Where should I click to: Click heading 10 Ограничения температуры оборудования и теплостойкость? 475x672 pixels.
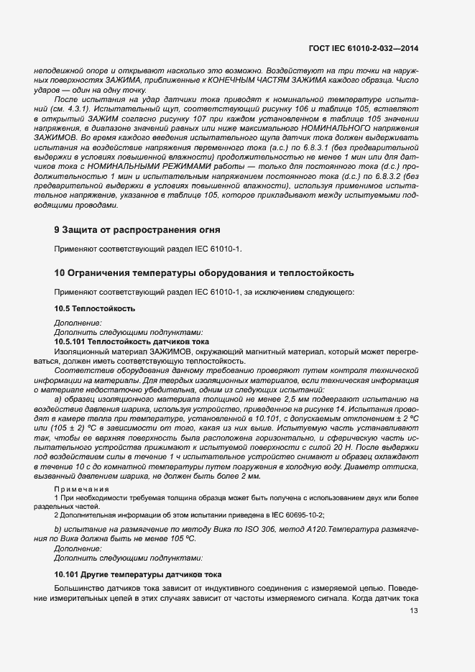point(203,273)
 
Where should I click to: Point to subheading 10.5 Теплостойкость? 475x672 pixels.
point(95,308)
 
